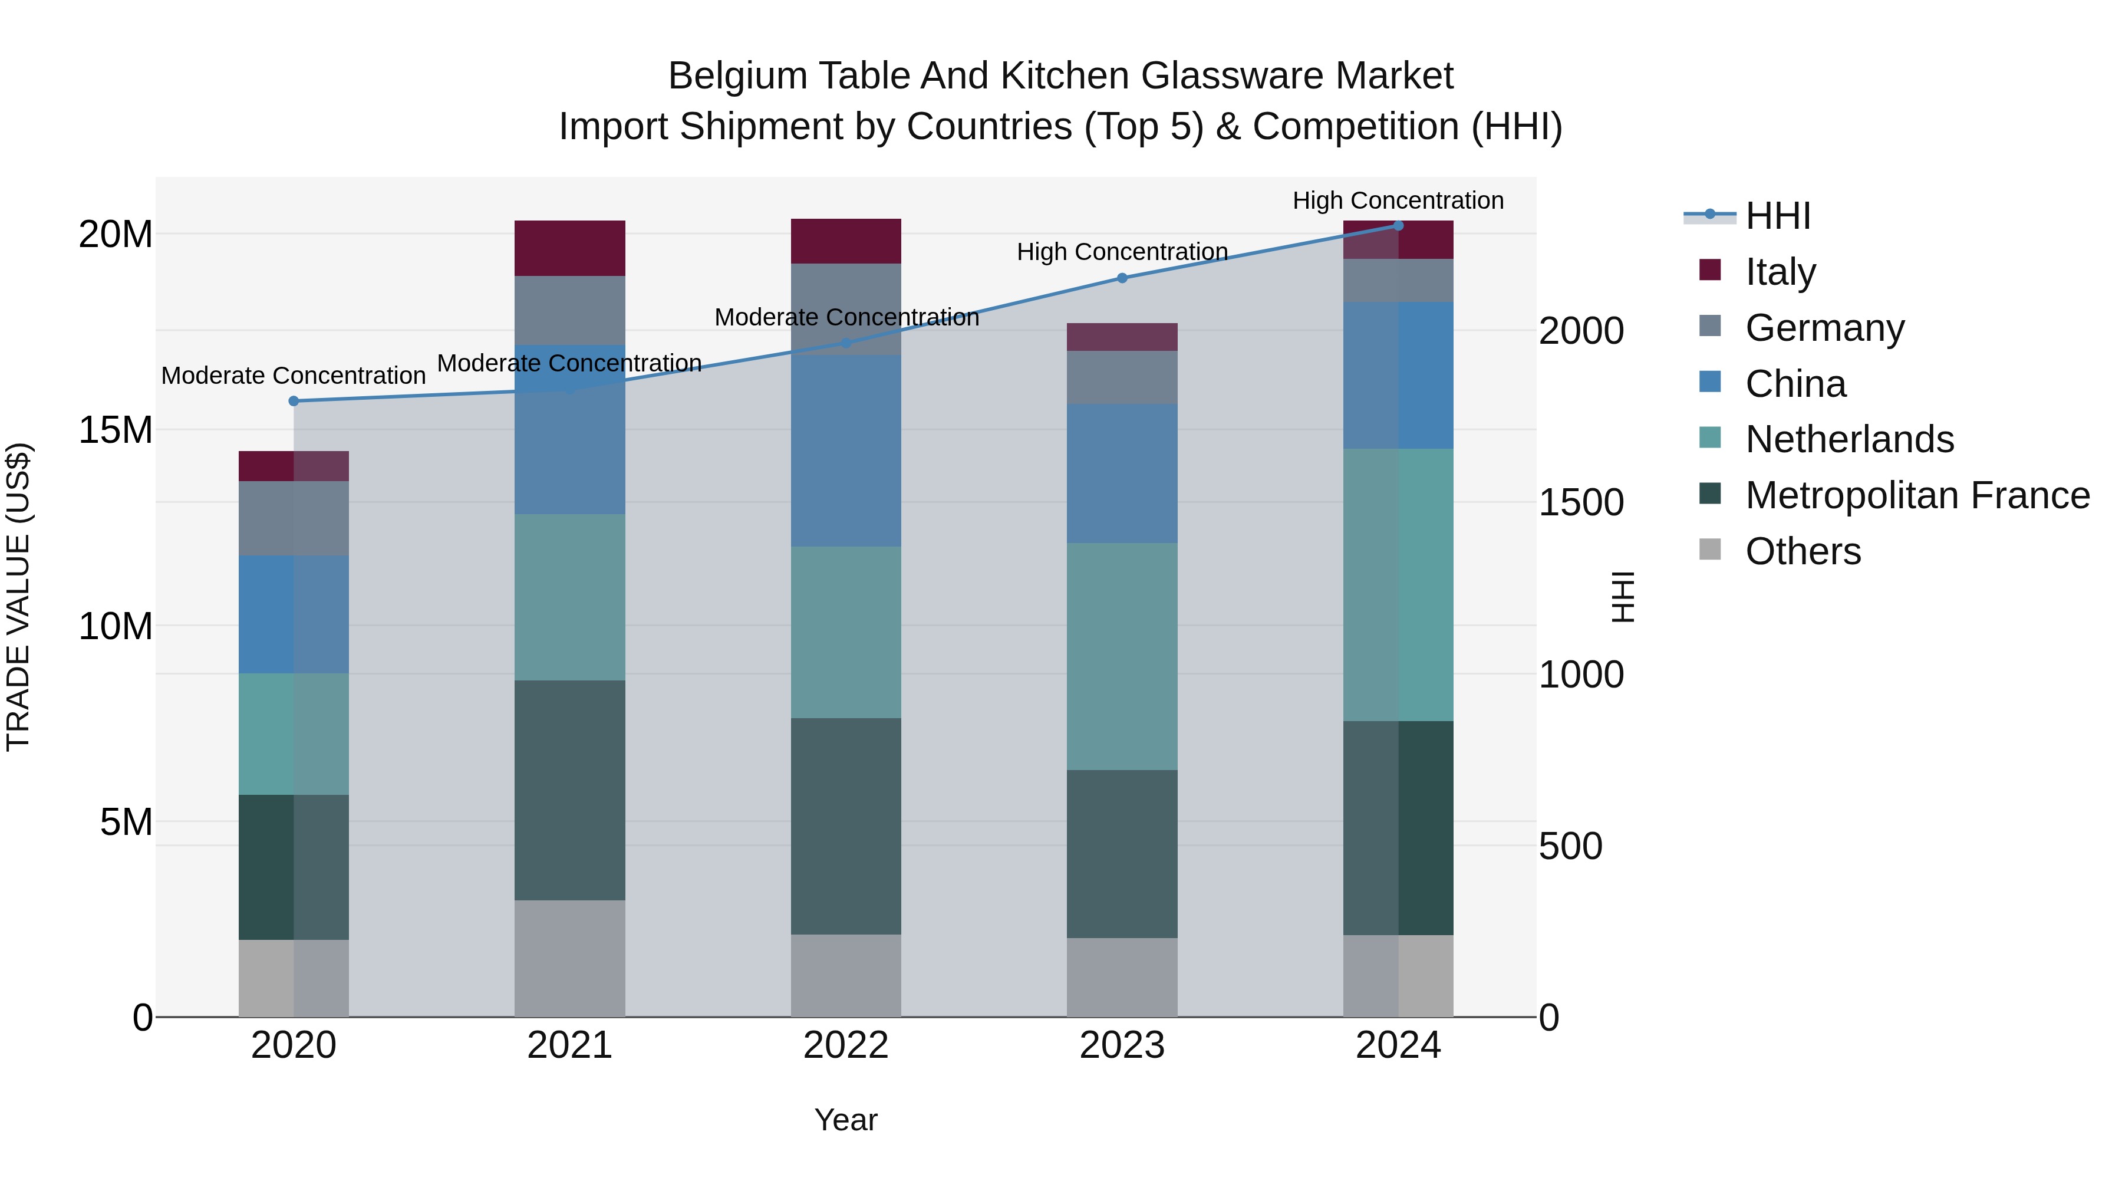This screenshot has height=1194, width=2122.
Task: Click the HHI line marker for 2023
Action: [1122, 278]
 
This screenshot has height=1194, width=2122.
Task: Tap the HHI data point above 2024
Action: [1398, 225]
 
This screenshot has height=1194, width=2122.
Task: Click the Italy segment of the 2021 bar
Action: [569, 248]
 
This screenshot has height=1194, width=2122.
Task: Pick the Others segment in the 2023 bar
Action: [1122, 977]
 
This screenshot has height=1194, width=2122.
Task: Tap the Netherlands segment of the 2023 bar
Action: [1122, 657]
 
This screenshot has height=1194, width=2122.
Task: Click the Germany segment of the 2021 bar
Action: [569, 310]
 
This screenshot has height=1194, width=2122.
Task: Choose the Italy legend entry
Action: [1780, 271]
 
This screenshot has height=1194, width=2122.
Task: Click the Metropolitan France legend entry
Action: [1917, 495]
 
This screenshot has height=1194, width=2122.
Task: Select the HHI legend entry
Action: [1778, 216]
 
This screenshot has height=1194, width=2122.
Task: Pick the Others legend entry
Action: [1803, 551]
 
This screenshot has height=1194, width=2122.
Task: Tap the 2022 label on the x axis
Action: [846, 1045]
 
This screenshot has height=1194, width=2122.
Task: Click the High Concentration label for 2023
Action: [1122, 251]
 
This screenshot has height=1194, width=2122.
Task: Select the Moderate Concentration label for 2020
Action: [294, 376]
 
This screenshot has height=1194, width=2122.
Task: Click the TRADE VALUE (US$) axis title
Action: [18, 597]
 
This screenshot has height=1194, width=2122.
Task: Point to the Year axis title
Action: [846, 1120]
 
